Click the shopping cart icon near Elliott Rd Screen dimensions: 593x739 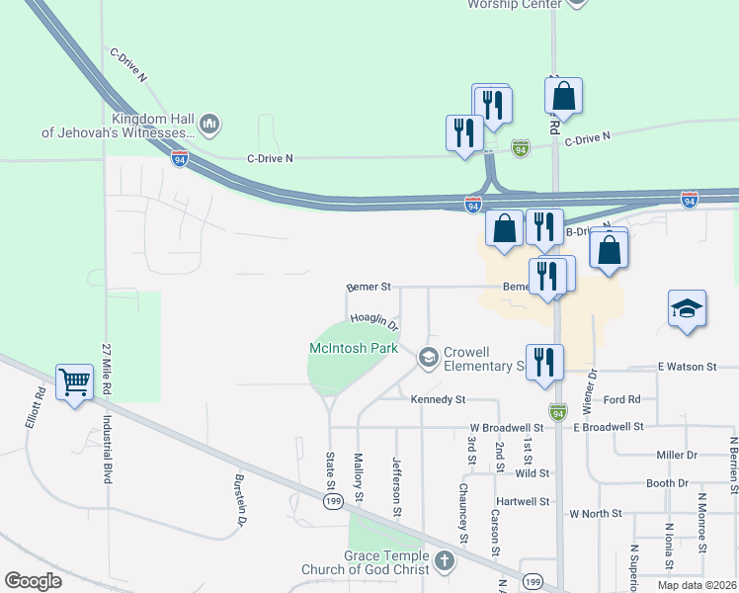(x=75, y=381)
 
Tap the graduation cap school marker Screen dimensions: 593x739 (x=687, y=308)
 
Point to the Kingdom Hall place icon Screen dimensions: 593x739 (x=208, y=124)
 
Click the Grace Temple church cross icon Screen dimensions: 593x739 (x=445, y=562)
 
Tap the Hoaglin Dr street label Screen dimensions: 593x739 (x=373, y=322)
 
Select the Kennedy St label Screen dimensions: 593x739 (x=438, y=400)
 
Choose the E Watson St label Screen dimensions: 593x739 (x=687, y=367)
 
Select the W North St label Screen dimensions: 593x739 (x=595, y=514)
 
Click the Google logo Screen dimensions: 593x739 (x=33, y=581)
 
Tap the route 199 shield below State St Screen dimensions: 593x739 (x=332, y=502)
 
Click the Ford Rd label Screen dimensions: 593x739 (x=621, y=400)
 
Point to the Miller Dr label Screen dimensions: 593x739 (x=677, y=455)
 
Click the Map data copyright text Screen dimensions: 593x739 (x=696, y=585)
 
